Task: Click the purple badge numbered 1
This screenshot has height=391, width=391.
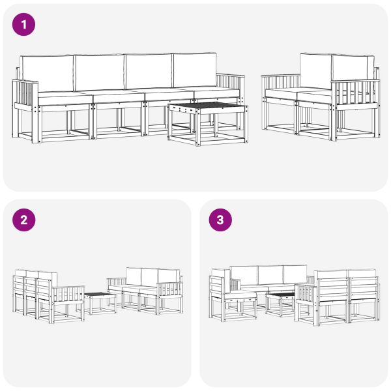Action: [23, 25]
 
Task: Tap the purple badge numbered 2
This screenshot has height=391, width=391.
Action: [23, 220]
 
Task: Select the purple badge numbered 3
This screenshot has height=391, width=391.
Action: [220, 220]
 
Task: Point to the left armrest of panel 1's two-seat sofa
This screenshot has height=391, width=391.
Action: [280, 85]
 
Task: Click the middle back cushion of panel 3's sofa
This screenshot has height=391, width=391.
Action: [268, 274]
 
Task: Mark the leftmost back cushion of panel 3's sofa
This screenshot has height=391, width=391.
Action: [242, 274]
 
